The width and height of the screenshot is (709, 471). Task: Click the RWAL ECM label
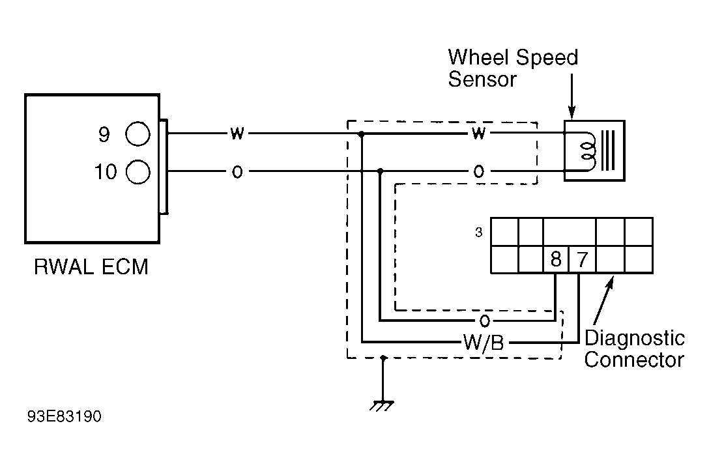(x=91, y=266)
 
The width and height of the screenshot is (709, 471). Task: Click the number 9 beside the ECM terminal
(x=104, y=134)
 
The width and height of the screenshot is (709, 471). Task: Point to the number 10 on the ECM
(x=106, y=172)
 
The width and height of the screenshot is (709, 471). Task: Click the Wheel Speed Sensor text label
(x=513, y=68)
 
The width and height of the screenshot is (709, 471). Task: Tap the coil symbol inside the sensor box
(x=588, y=151)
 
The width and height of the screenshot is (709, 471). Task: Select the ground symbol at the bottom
(x=382, y=405)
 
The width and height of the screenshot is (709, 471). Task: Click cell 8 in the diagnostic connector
(x=556, y=259)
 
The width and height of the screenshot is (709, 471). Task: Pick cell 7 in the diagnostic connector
(x=583, y=259)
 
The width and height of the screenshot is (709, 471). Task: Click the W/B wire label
(x=484, y=343)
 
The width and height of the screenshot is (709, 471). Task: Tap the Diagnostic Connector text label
(x=635, y=349)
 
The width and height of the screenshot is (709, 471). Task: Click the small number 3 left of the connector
(x=479, y=233)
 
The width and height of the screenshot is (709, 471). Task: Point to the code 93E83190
(x=65, y=416)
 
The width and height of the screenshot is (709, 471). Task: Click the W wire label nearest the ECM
(x=237, y=134)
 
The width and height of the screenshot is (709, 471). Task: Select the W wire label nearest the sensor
(x=478, y=134)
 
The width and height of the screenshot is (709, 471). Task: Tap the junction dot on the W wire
(x=361, y=134)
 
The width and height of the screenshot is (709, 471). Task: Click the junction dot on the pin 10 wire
(x=380, y=171)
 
